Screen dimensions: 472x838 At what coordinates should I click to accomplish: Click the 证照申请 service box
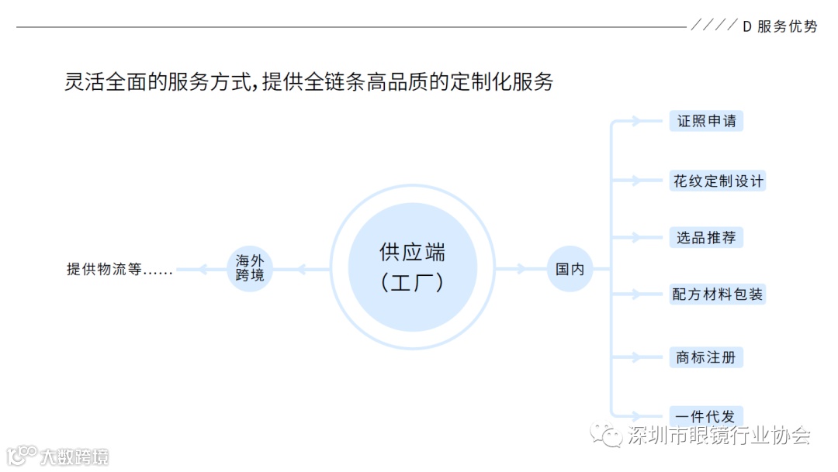click(x=706, y=122)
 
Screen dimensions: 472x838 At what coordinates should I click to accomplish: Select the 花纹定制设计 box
click(x=718, y=181)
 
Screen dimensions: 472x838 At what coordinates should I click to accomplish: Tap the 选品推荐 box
click(x=706, y=237)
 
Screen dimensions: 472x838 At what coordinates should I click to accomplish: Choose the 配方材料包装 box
click(x=718, y=295)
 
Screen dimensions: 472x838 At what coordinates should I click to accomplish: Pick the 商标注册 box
click(x=706, y=357)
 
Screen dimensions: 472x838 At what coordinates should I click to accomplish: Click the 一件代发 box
click(x=706, y=415)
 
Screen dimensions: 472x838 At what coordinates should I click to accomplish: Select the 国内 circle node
click(x=570, y=269)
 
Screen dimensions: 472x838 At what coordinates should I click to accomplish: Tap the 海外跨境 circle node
click(x=250, y=269)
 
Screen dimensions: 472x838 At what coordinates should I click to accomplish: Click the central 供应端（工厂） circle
click(x=412, y=267)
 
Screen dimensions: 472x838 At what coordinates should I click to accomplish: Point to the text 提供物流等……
click(x=119, y=270)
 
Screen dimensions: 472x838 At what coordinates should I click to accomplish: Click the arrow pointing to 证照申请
click(x=635, y=122)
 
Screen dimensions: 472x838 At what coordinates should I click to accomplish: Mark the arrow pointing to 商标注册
click(x=635, y=357)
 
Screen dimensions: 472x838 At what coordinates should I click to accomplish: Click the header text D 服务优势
click(x=780, y=26)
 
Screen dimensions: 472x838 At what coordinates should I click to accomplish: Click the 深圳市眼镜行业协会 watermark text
click(x=719, y=435)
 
